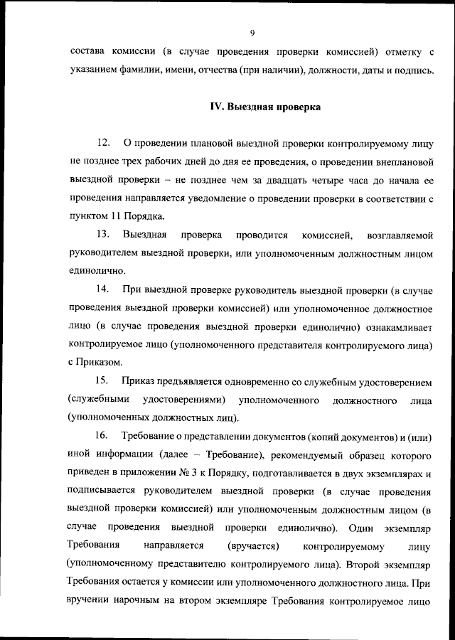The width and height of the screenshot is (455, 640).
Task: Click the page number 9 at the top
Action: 252,31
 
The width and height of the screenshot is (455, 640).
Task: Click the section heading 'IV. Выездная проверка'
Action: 264,108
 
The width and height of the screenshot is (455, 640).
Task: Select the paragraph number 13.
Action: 102,234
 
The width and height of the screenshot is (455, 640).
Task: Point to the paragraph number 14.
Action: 102,289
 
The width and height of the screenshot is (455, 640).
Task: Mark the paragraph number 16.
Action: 102,435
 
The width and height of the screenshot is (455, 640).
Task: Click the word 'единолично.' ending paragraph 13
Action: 99,271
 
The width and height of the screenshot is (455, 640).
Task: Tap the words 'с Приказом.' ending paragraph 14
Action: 99,362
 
